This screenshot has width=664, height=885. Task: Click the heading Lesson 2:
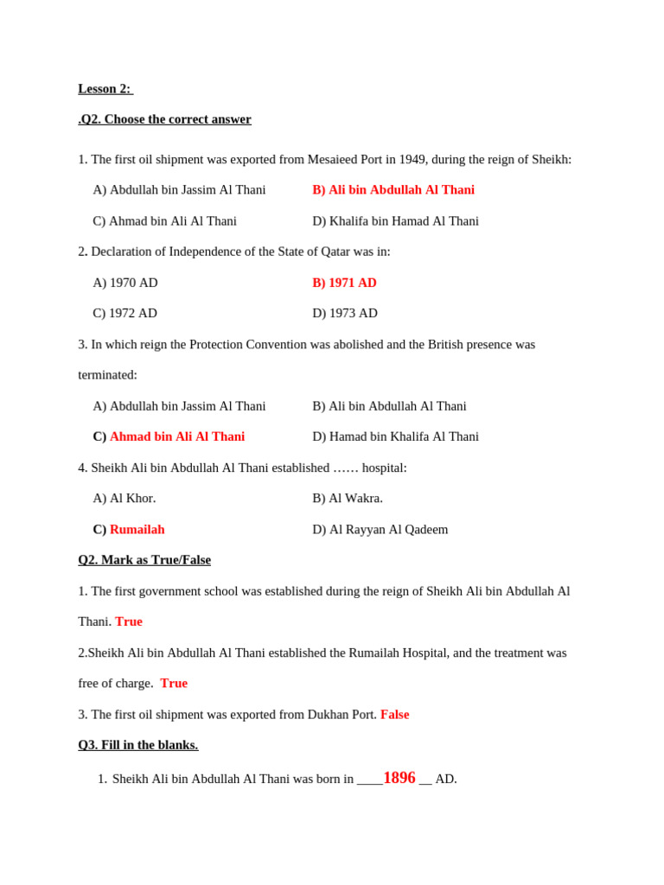point(104,89)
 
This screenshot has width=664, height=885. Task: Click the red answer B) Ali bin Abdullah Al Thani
point(393,190)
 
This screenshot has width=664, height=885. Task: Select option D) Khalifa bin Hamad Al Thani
point(395,221)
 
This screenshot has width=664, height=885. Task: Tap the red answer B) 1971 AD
point(344,283)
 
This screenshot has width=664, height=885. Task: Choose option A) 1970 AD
point(125,283)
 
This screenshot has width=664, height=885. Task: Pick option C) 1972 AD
point(125,314)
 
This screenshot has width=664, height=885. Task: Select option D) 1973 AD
point(345,314)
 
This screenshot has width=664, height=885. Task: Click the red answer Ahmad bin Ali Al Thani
point(177,437)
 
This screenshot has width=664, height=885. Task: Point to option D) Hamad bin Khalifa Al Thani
point(395,437)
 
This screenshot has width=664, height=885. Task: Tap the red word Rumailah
point(137,530)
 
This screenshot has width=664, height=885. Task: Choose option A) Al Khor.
point(124,499)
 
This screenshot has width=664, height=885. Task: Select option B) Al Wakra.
point(348,499)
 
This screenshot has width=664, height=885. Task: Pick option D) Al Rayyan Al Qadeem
point(380,530)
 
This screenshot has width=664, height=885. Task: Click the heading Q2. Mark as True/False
point(144,560)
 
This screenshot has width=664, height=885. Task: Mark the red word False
point(394,715)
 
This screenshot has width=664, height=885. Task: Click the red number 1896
point(399,778)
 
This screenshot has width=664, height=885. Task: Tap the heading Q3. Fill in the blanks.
point(138,745)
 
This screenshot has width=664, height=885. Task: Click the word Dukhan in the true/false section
point(329,715)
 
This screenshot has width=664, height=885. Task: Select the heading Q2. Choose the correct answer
point(165,119)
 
